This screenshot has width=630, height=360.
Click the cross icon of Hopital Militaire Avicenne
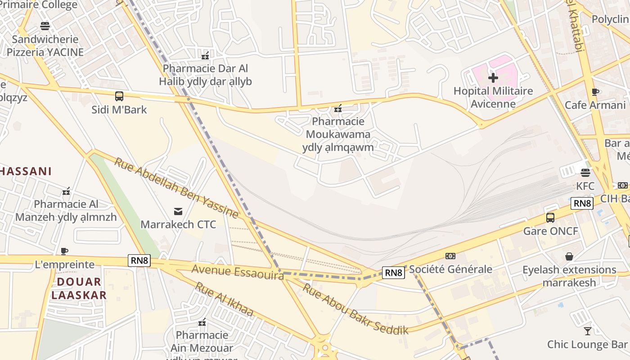[x=493, y=78]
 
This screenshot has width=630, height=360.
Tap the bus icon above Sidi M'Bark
[x=119, y=96]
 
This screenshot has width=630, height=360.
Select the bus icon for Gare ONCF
[x=550, y=218]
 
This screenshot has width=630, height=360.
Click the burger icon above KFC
[x=585, y=173]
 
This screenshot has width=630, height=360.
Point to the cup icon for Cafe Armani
[x=595, y=92]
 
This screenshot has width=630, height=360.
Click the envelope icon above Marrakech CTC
[x=178, y=211]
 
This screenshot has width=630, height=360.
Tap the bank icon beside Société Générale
[x=450, y=256]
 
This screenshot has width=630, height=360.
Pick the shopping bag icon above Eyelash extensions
[x=569, y=256]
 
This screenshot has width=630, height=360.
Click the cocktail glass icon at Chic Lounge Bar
[x=587, y=331]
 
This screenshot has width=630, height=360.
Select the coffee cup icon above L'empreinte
[x=64, y=251]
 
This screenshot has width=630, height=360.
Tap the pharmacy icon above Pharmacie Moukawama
[x=338, y=108]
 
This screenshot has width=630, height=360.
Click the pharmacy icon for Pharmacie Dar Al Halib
[x=205, y=56]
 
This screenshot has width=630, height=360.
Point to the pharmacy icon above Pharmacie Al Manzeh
[x=66, y=191]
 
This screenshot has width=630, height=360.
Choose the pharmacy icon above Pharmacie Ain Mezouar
[x=202, y=322]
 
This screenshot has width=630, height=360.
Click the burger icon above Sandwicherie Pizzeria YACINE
[x=45, y=26]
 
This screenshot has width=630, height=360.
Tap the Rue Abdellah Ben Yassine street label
[x=176, y=188]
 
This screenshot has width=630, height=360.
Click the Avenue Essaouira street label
[x=238, y=272]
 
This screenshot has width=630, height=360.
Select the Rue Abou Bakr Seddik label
[x=355, y=309]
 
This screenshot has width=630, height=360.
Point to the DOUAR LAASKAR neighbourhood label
[x=79, y=288]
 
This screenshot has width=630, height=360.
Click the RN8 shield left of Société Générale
[x=393, y=272]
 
